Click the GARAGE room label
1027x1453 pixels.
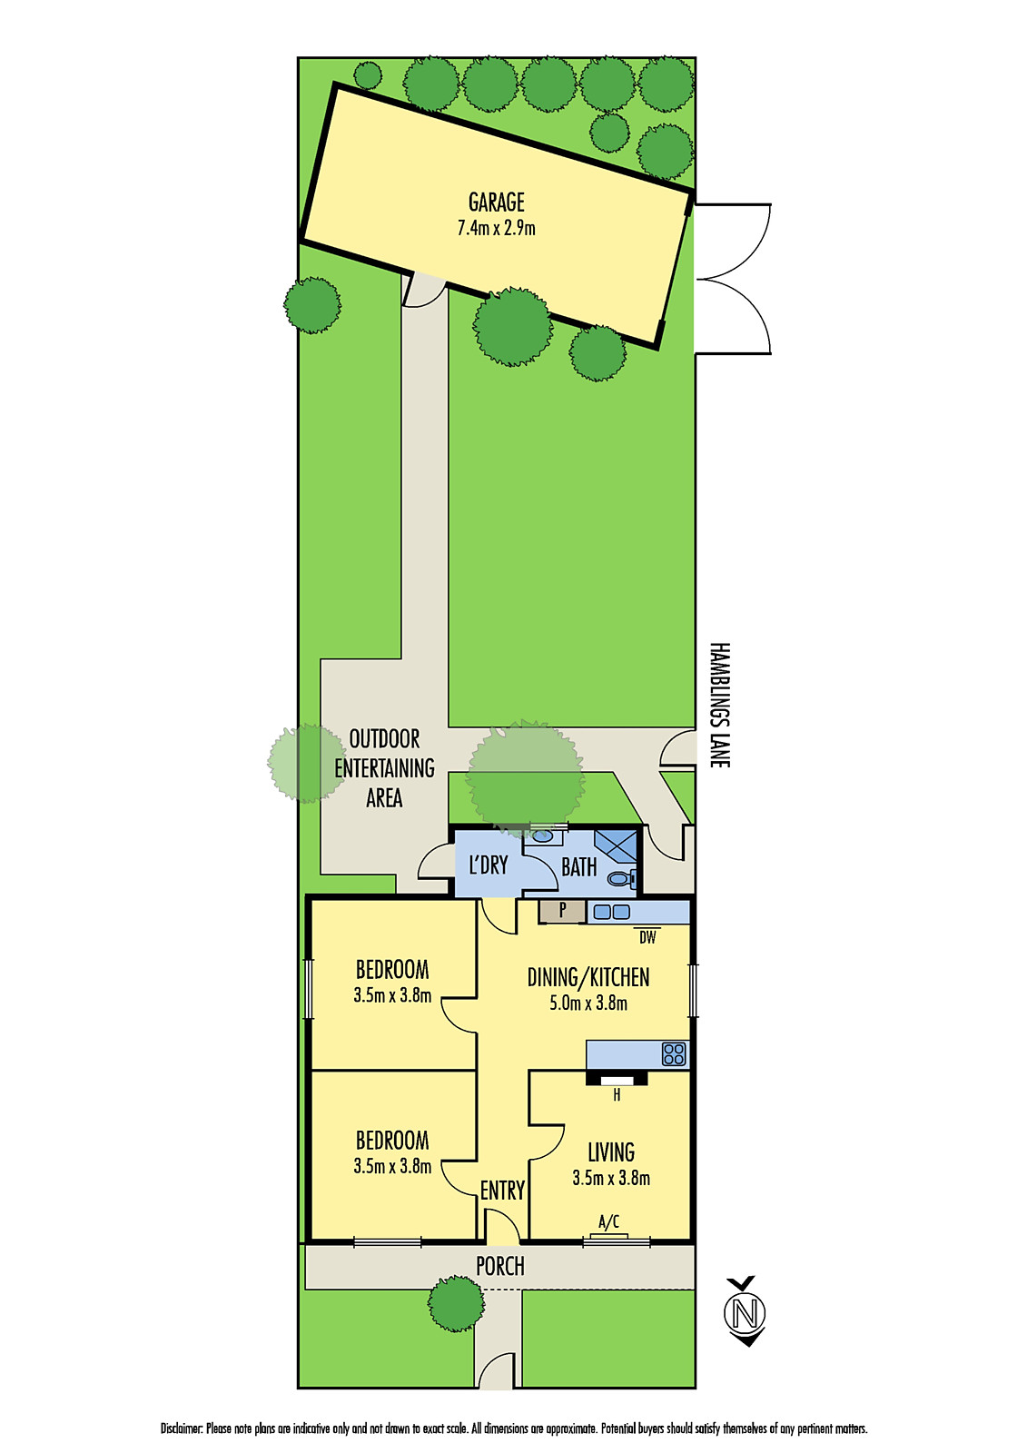(497, 203)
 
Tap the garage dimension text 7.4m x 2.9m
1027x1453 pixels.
(497, 228)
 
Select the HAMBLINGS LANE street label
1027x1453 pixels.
(719, 705)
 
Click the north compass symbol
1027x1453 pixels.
(745, 1312)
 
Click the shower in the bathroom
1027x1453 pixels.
(616, 846)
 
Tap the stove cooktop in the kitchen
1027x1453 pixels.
(674, 1054)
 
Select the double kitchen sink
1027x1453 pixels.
(612, 912)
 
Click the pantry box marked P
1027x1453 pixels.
(562, 912)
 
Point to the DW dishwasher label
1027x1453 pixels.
(647, 936)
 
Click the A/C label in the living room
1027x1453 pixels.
(608, 1222)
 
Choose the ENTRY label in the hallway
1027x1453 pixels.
(502, 1191)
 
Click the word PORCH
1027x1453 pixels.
(500, 1266)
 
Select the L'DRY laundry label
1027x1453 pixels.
(489, 865)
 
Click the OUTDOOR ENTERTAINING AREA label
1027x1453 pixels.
(384, 768)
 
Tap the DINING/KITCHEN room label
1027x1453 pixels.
(588, 977)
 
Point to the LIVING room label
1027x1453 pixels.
(611, 1152)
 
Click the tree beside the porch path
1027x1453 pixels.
(456, 1304)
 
